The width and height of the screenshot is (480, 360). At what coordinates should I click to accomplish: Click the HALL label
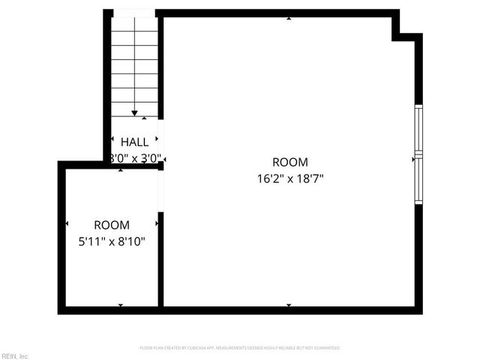[134, 142]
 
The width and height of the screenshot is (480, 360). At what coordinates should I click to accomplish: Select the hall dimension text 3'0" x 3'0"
[135, 158]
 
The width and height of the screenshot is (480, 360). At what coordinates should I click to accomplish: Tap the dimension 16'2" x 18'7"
[289, 178]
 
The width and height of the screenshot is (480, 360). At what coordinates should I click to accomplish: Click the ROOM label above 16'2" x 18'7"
[289, 162]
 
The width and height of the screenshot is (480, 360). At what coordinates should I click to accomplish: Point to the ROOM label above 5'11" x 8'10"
[111, 225]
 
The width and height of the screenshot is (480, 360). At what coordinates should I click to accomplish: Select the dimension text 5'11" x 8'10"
[111, 241]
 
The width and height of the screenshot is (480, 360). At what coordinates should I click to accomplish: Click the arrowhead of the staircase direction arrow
[134, 113]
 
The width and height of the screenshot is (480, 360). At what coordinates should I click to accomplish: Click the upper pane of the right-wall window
[418, 129]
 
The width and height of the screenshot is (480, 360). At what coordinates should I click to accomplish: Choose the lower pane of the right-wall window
[418, 180]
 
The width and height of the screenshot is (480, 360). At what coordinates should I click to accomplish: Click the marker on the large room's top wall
[289, 18]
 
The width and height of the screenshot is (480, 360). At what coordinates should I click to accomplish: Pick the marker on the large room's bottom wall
[289, 305]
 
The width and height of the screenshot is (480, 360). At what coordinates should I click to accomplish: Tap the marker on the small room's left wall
[67, 223]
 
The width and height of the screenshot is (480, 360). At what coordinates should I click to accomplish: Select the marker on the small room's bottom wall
[121, 305]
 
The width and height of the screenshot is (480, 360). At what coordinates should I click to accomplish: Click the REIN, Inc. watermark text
[15, 355]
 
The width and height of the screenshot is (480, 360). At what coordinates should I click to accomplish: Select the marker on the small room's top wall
[121, 170]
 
